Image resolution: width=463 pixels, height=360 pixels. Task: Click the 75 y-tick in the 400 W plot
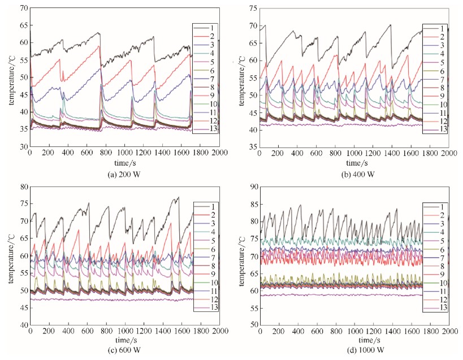pos(253,8)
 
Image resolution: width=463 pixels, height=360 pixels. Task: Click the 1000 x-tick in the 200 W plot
pos(125,153)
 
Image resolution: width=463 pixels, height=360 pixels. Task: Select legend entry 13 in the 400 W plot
pos(439,129)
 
